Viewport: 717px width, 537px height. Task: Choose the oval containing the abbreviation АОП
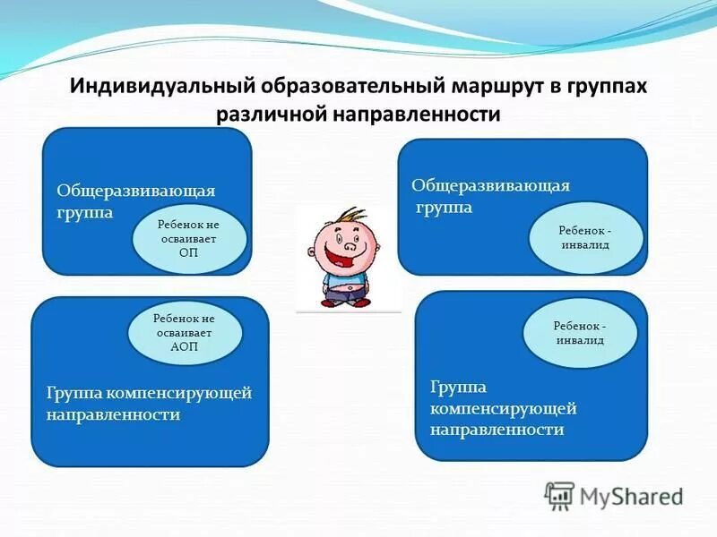tap(185, 332)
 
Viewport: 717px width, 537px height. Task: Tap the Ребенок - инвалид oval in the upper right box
tap(586, 237)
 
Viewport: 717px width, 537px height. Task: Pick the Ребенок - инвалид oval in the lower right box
tap(579, 333)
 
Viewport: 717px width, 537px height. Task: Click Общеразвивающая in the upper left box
tap(136, 191)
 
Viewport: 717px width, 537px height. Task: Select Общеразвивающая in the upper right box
tap(490, 185)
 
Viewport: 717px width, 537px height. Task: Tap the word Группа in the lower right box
tap(458, 387)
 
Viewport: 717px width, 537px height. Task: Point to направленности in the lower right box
tap(497, 430)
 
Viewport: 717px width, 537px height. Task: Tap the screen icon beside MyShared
tap(560, 495)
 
